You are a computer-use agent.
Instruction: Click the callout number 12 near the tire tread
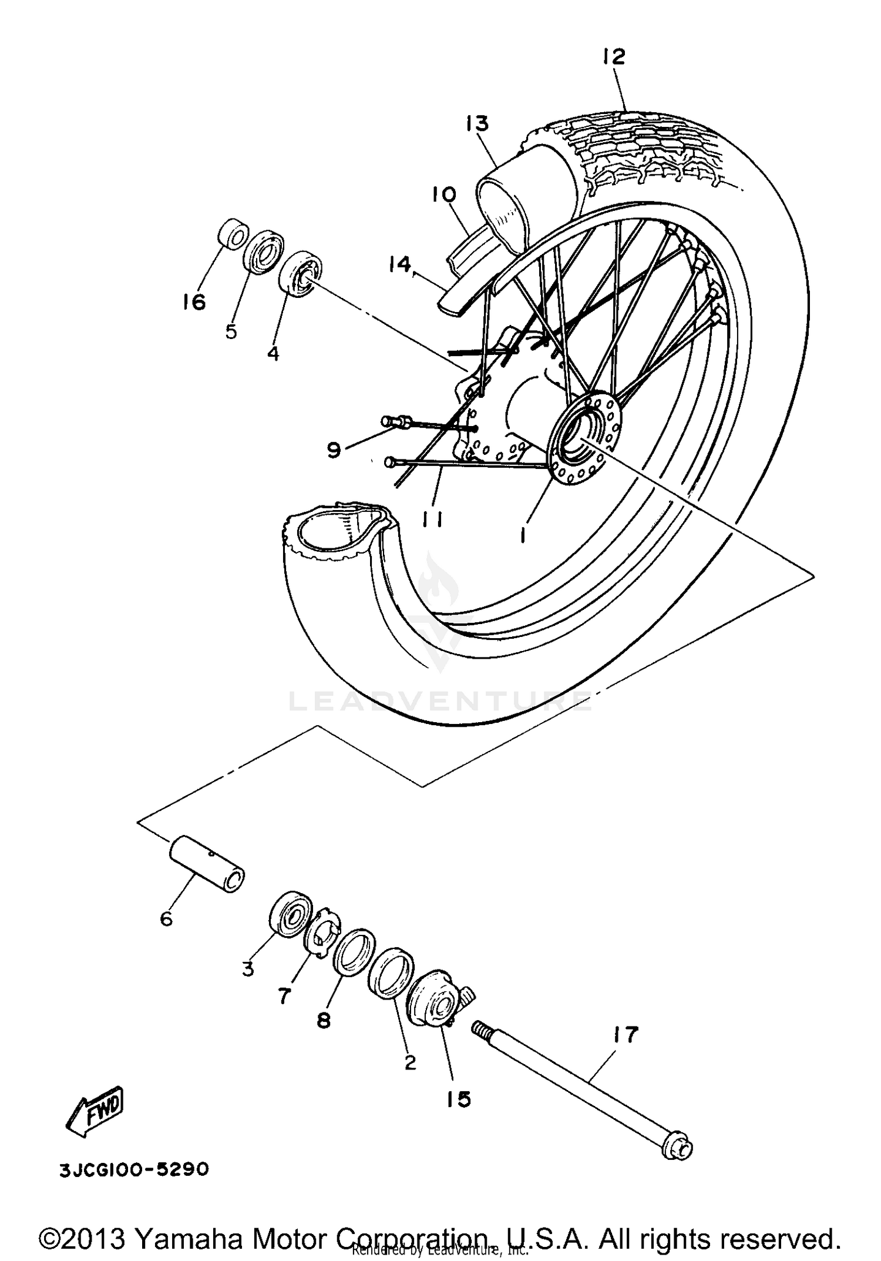pos(613,56)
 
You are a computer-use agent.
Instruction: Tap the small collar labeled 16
pos(233,234)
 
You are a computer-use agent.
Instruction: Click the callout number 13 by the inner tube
pos(477,124)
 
